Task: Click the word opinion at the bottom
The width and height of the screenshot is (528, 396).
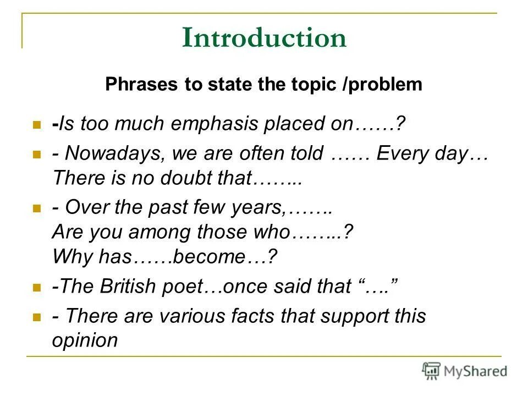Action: point(85,340)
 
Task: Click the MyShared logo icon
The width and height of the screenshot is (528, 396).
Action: point(431,371)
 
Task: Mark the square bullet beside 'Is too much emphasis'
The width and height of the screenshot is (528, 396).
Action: point(37,125)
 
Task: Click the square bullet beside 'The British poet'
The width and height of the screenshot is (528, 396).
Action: point(37,287)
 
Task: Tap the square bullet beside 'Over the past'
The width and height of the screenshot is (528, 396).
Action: point(37,209)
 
